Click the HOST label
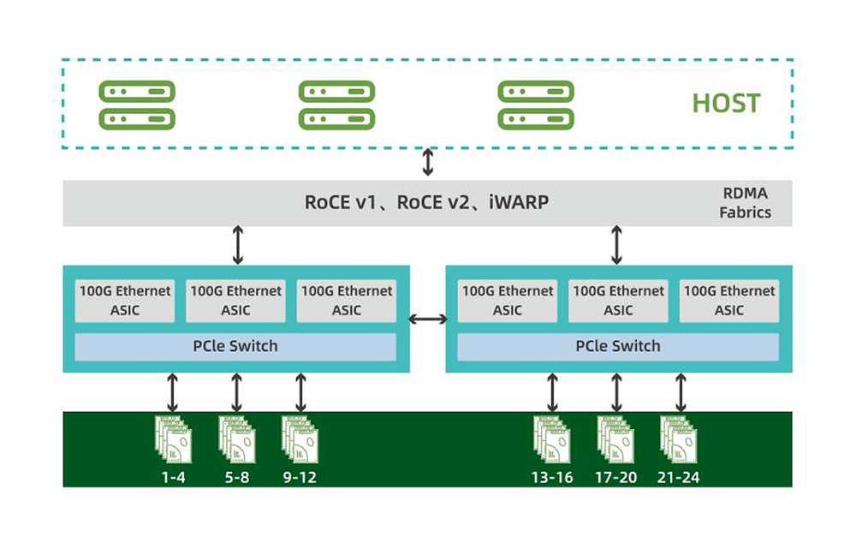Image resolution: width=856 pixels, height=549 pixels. tap(726, 104)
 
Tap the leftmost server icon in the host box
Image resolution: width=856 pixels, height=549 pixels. tap(137, 104)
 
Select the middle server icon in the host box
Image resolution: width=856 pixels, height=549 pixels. tap(336, 104)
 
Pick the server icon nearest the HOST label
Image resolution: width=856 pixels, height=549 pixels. tap(536, 104)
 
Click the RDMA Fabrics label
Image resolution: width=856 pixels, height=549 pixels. tap(746, 203)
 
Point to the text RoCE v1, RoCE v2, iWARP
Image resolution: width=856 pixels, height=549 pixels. tap(426, 203)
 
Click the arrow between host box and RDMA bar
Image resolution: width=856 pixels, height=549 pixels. tap(427, 163)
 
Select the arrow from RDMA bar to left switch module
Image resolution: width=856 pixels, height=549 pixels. tap(237, 245)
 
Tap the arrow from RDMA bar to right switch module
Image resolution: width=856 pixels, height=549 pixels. tap(616, 245)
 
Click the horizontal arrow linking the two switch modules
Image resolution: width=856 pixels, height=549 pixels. tap(428, 319)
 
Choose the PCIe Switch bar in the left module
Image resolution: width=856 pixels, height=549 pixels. tap(235, 347)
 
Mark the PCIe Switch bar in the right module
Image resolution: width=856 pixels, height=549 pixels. tap(618, 347)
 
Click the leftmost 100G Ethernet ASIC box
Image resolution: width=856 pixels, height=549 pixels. tap(125, 301)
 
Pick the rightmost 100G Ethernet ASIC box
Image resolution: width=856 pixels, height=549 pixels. tap(729, 301)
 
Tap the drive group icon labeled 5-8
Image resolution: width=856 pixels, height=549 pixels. tap(237, 439)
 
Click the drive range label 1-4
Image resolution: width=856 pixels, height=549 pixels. tap(173, 477)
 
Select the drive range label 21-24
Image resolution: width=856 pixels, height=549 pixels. tap(680, 477)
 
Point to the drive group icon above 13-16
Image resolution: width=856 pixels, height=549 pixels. tap(552, 439)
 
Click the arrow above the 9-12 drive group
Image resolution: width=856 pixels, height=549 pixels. tap(300, 392)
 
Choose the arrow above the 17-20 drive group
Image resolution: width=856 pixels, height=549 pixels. tap(616, 392)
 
